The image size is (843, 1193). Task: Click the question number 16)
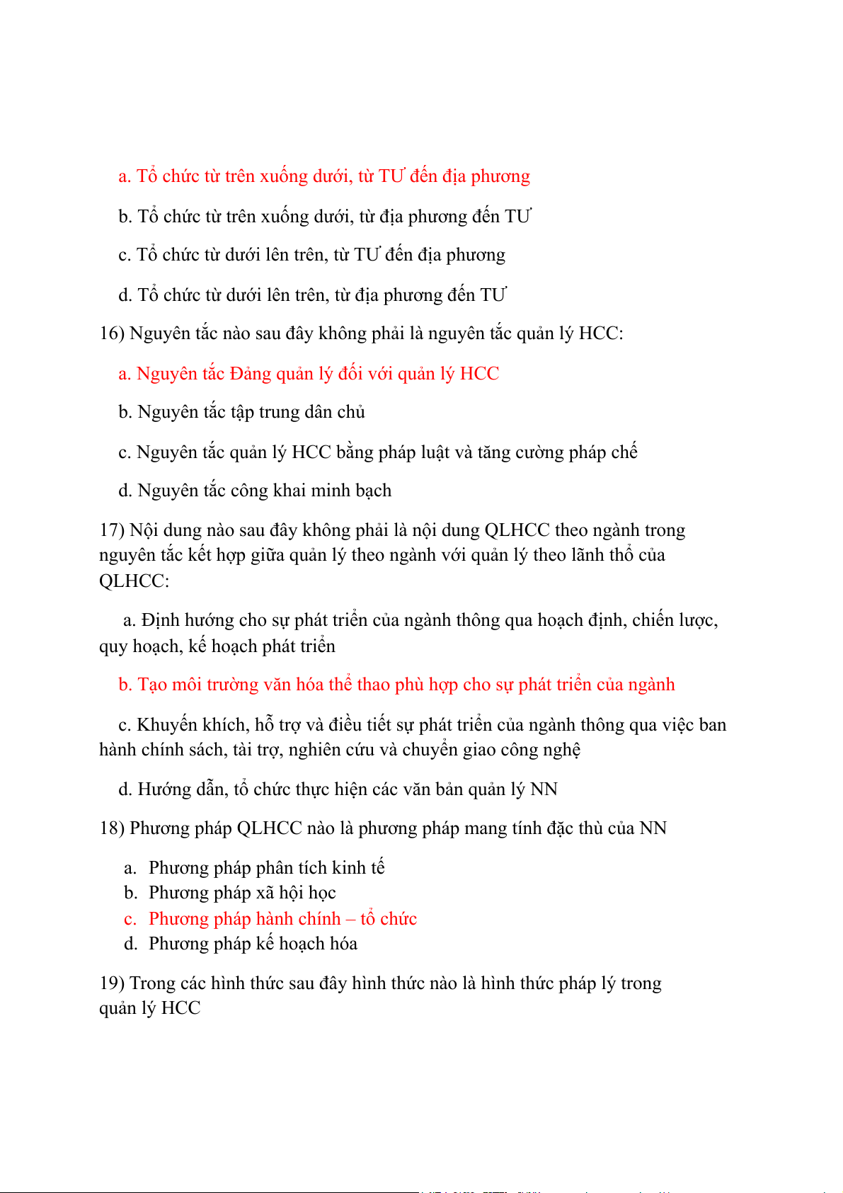click(112, 333)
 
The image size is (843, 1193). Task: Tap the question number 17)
click(112, 530)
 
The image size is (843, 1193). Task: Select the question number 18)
click(112, 828)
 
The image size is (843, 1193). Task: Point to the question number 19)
click(112, 983)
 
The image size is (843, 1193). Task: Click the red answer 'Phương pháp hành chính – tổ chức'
click(282, 919)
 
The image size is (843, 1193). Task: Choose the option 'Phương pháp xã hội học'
click(242, 893)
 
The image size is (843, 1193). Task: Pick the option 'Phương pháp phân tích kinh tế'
click(266, 868)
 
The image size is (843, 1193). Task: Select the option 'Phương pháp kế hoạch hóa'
click(253, 944)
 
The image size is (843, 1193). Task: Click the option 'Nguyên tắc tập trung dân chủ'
click(251, 412)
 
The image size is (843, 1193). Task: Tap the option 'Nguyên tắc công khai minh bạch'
click(264, 491)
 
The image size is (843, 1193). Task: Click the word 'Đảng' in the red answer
click(251, 374)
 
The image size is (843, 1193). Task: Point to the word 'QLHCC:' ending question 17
click(134, 581)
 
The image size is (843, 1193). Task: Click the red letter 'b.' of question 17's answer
click(125, 685)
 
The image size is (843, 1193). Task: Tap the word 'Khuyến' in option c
click(167, 725)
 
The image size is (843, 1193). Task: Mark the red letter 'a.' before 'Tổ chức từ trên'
click(125, 176)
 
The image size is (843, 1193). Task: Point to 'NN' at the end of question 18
click(653, 828)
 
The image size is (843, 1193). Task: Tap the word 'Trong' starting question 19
click(152, 983)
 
